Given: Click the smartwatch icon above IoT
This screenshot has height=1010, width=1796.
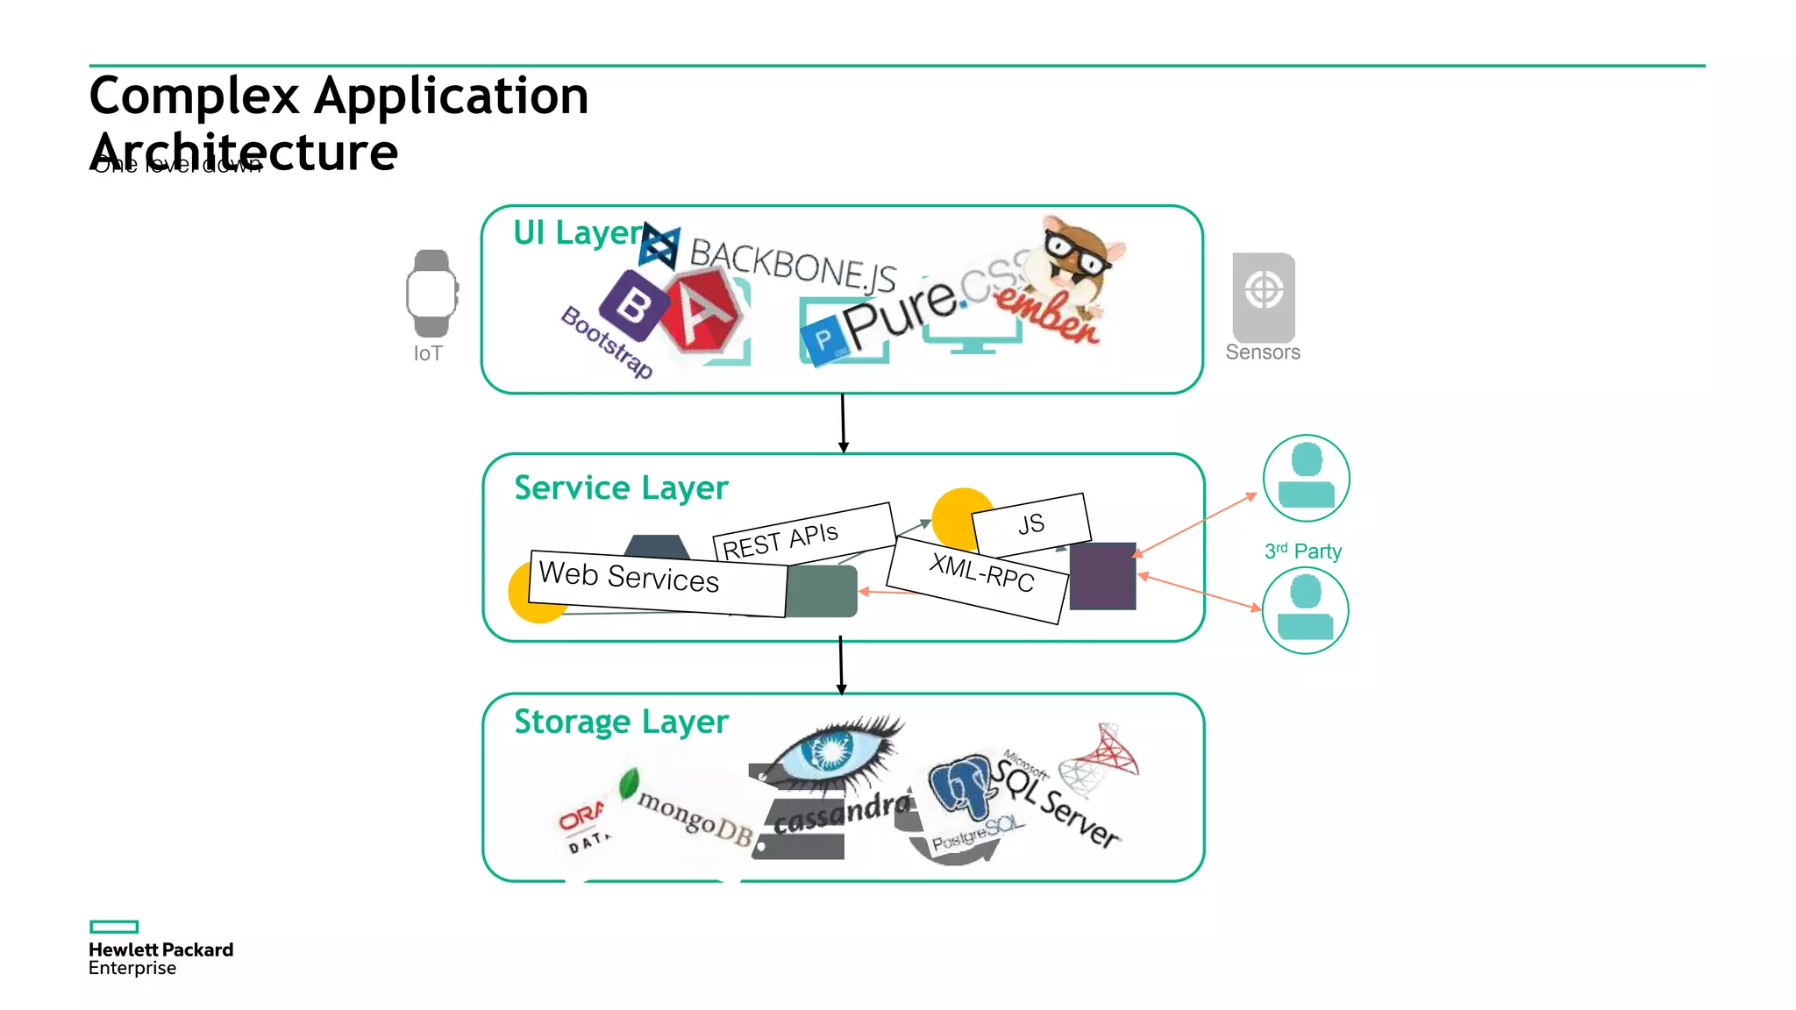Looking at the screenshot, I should [x=431, y=294].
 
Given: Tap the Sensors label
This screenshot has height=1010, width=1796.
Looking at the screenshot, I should [x=1262, y=352].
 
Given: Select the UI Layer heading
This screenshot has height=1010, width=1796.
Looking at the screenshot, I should [x=578, y=233].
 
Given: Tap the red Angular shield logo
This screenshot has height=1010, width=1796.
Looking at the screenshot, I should [x=702, y=312].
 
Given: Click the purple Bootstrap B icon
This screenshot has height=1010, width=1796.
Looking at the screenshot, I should [x=633, y=306].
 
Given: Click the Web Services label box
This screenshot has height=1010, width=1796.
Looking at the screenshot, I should [x=658, y=581].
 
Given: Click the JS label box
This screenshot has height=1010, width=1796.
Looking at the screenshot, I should [x=1031, y=523].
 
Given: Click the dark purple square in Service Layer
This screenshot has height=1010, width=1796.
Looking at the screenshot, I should [x=1102, y=576].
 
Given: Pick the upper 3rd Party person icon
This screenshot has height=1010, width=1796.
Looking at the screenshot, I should [x=1306, y=478].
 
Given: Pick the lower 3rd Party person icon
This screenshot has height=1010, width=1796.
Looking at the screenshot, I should [x=1305, y=610].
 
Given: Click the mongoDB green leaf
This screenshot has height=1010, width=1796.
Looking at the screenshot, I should [x=629, y=783].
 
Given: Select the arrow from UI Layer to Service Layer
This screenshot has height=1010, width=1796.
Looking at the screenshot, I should [x=843, y=423].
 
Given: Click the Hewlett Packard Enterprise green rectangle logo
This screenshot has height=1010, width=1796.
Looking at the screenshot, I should [x=114, y=927].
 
